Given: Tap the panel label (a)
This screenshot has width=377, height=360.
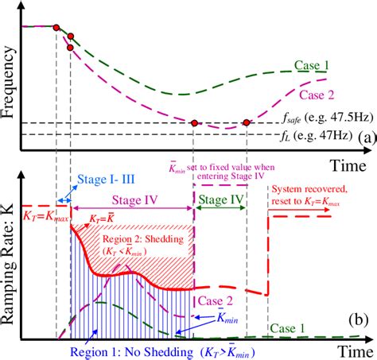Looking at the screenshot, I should tap(365, 137).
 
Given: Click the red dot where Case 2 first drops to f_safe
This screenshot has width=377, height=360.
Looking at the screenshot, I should tap(194, 122).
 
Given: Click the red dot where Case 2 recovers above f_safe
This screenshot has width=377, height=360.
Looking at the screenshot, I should tap(247, 122).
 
